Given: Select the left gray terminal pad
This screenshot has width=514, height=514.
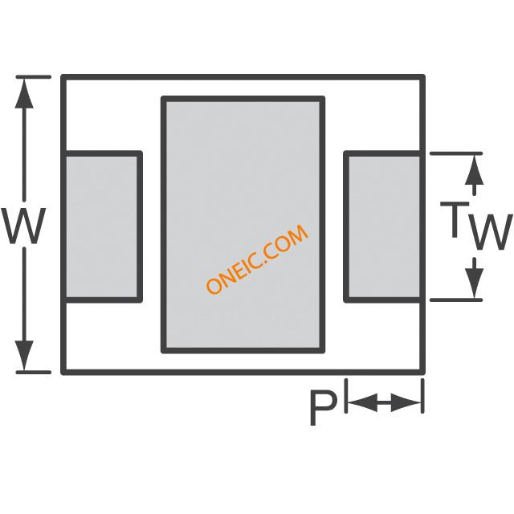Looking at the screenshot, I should click(x=102, y=226).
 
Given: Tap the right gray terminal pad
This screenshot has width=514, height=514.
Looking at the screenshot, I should click(x=383, y=226).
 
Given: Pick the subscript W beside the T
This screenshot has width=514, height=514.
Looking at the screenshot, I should click(x=489, y=232).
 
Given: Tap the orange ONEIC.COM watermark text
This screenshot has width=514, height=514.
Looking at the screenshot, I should click(x=257, y=259).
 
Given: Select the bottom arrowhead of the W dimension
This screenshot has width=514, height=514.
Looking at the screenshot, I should click(x=25, y=358).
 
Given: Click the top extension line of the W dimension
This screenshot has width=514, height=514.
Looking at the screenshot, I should click(x=34, y=77).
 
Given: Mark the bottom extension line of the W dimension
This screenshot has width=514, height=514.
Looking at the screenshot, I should click(x=34, y=372).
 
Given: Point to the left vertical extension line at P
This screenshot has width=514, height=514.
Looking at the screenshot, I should click(x=345, y=397).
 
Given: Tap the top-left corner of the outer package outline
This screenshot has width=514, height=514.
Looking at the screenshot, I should click(x=63, y=77).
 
